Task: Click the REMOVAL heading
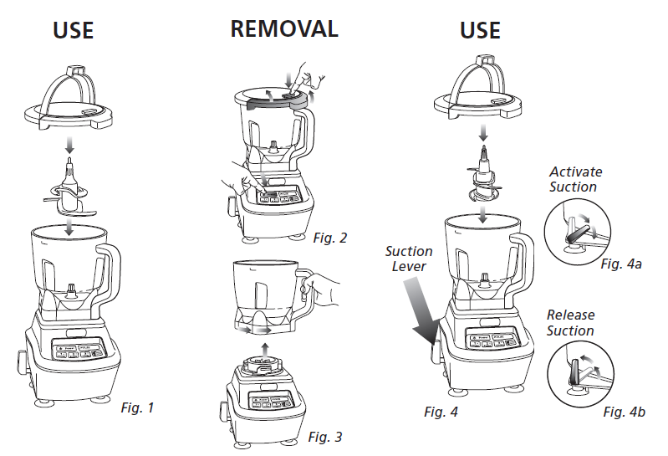[284, 28]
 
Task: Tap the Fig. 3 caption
[325, 437]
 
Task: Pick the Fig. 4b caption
[624, 412]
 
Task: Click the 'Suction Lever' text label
[409, 259]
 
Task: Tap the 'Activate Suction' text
[574, 179]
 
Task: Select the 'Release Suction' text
[570, 323]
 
